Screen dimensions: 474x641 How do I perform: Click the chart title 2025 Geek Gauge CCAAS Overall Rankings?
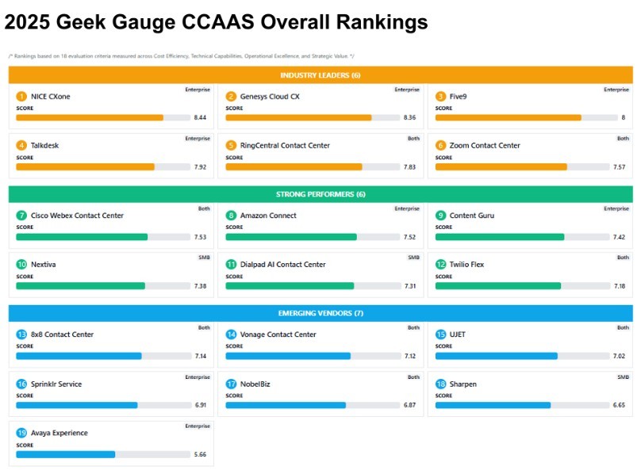click(216, 22)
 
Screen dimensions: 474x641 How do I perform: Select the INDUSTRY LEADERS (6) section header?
click(320, 75)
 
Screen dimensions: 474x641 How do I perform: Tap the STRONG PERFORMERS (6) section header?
click(320, 194)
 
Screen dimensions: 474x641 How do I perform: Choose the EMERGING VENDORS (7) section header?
click(320, 313)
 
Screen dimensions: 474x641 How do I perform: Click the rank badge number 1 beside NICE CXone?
click(21, 97)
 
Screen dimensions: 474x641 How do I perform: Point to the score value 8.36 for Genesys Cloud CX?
click(410, 117)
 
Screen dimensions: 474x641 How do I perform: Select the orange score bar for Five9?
click(508, 117)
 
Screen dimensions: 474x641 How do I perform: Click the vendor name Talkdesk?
click(44, 146)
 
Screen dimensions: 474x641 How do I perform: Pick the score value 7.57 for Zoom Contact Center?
click(620, 167)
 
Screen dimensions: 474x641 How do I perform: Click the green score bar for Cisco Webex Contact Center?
click(82, 237)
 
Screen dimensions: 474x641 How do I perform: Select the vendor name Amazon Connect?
click(268, 216)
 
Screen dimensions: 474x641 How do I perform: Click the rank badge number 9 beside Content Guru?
click(441, 216)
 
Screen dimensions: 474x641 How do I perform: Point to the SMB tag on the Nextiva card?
click(204, 258)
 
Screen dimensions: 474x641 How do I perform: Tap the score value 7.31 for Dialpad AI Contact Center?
click(410, 286)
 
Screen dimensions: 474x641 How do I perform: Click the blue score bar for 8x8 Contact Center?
click(79, 356)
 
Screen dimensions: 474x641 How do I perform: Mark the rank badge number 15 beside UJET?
click(441, 334)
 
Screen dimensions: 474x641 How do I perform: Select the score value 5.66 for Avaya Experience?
click(201, 454)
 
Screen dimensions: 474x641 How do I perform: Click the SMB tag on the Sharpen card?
click(623, 377)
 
